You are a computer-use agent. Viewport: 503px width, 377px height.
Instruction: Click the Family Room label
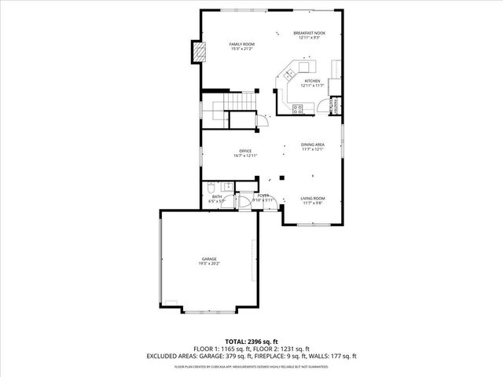[x=241, y=44]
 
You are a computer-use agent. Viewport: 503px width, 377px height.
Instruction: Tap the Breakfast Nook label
[x=309, y=33]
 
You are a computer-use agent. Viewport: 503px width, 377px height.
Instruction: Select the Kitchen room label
[x=312, y=81]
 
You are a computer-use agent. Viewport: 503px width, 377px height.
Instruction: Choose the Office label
[x=245, y=151]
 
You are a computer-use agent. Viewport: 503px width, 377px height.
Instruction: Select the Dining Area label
[x=312, y=145]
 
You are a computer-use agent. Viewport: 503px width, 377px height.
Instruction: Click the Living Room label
[x=313, y=198]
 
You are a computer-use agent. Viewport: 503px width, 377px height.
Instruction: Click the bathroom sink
[x=228, y=187]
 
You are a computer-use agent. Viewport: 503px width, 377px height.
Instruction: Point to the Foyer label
[x=263, y=195]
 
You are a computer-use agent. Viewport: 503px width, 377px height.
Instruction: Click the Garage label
[x=208, y=258]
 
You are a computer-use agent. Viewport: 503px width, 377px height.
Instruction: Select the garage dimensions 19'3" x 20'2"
[x=208, y=264]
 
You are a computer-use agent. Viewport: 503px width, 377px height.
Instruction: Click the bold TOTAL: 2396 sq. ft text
[x=251, y=342]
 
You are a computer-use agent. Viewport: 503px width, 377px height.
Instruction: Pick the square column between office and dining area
[x=280, y=178]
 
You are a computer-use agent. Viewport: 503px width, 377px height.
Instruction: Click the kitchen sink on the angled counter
[x=288, y=75]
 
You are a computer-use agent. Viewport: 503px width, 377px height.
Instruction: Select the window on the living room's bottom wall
[x=313, y=225]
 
